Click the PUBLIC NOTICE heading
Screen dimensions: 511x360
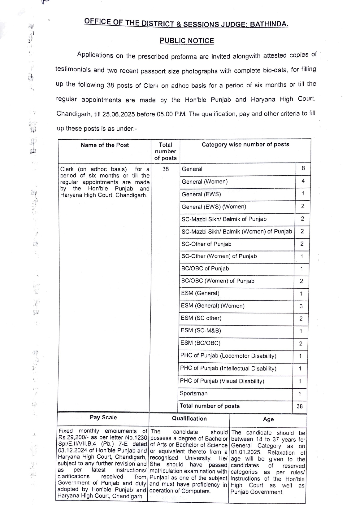187,41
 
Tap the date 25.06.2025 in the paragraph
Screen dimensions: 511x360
119,114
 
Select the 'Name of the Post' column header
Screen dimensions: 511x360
105,145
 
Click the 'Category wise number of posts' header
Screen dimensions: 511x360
245,144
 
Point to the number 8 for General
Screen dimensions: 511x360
303,168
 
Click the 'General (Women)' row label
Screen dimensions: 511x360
205,182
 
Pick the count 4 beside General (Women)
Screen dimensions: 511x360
303,181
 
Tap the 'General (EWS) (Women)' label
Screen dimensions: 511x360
214,207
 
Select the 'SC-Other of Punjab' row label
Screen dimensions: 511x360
206,244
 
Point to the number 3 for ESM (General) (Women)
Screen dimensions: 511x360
301,307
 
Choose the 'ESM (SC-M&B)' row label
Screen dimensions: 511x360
201,330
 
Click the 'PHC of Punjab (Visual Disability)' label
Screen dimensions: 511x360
222,381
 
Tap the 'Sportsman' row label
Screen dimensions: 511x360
193,393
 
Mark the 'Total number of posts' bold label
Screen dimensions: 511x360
210,406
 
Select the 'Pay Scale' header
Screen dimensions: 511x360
103,417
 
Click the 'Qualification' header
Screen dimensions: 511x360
189,419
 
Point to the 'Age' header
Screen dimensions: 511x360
268,419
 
